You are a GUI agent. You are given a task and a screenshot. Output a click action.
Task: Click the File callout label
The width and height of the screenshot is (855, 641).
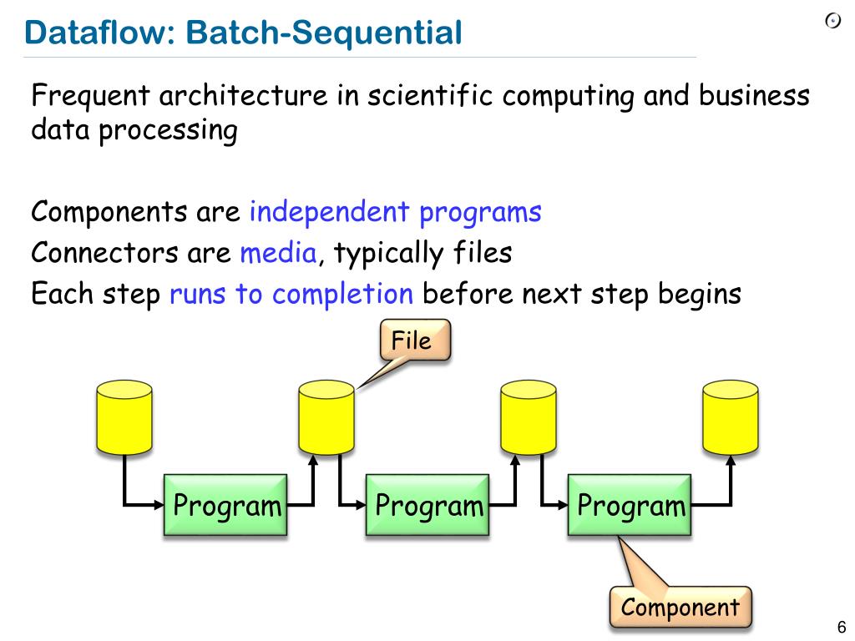(x=414, y=341)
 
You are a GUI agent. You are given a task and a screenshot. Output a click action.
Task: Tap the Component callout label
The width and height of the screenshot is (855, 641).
(x=680, y=607)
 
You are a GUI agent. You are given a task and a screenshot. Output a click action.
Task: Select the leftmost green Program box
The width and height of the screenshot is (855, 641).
(x=226, y=505)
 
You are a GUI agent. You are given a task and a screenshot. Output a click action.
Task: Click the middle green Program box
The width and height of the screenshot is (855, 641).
(x=428, y=505)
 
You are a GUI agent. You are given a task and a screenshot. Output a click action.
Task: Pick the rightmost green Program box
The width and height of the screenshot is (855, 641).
(x=630, y=505)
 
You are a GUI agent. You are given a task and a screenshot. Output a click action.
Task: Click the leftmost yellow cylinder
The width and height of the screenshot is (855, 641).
(x=124, y=417)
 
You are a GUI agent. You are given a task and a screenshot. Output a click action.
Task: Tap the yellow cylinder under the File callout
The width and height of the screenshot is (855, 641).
(x=326, y=417)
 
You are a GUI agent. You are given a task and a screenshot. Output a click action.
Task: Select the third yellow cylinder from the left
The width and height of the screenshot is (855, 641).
(x=529, y=417)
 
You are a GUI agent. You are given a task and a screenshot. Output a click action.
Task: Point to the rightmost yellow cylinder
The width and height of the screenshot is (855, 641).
(x=731, y=417)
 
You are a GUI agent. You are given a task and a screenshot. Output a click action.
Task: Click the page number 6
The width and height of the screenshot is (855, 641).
(x=841, y=627)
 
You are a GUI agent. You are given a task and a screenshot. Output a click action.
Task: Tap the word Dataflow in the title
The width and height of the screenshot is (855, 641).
(x=98, y=33)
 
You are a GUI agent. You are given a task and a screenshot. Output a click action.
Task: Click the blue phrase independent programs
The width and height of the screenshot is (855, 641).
(x=396, y=212)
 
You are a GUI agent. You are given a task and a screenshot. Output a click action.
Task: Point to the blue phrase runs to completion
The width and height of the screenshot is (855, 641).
(x=291, y=294)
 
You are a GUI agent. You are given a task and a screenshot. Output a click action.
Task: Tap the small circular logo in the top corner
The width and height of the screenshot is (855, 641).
(x=832, y=22)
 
